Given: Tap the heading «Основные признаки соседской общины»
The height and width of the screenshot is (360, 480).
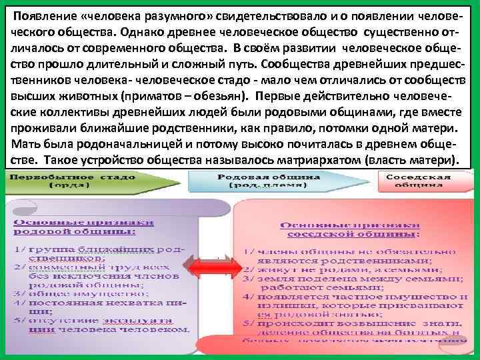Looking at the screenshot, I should [349, 231].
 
